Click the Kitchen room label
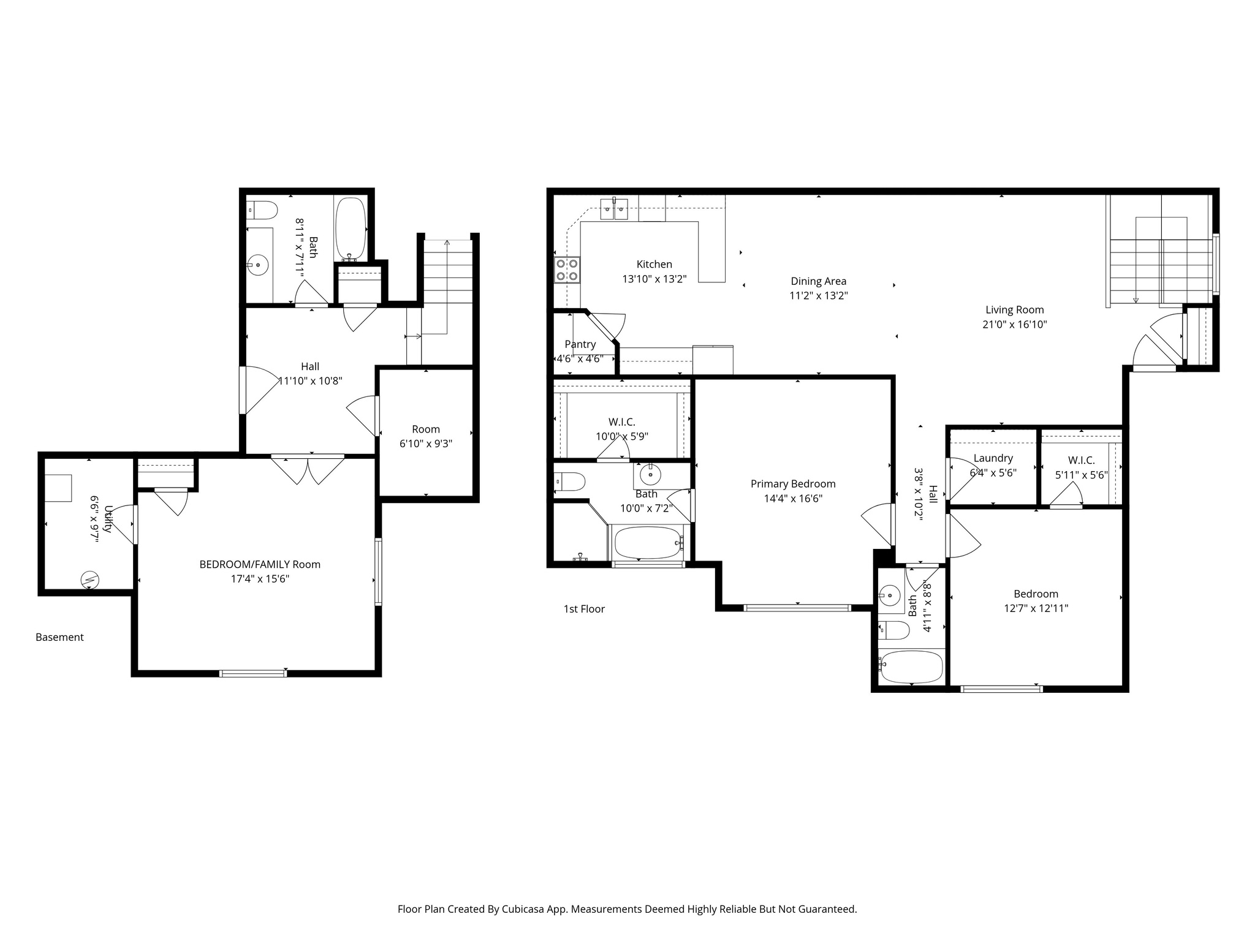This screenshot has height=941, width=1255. coord(654,264)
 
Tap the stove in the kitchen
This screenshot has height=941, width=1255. coord(567,270)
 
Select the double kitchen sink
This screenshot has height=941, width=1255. coord(615,210)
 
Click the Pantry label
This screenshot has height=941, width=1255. coord(580,344)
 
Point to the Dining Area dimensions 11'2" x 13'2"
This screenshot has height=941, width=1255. coord(818,296)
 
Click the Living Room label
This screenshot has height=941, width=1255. coord(1014,310)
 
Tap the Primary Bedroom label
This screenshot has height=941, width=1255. coord(793,484)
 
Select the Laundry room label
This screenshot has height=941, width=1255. coord(993,458)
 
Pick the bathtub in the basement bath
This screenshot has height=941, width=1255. coord(351,229)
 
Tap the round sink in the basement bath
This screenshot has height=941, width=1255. coord(258,265)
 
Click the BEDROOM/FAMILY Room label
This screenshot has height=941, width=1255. coord(260,564)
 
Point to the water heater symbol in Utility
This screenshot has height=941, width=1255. coord(90,578)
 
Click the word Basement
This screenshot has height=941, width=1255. coord(59,637)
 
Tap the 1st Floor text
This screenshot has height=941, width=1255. coord(584,609)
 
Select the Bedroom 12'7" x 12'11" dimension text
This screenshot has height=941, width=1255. coord(1036,608)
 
